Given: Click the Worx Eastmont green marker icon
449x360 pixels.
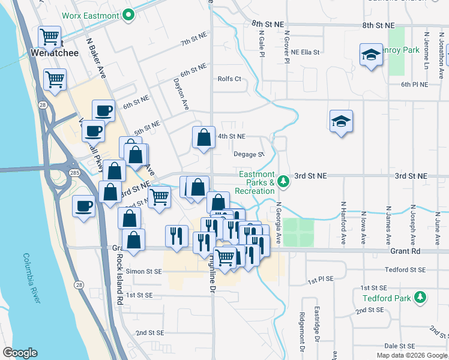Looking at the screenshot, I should click(x=128, y=16).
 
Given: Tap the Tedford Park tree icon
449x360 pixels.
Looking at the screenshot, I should click(x=421, y=298).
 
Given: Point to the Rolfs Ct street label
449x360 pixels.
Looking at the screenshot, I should click(x=229, y=79).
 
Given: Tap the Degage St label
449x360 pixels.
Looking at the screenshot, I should click(x=249, y=154).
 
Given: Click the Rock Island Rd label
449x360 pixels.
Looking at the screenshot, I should click(x=120, y=277).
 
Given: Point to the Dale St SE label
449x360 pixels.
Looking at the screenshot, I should click(x=400, y=346).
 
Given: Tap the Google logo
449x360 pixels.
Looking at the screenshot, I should click(x=20, y=353).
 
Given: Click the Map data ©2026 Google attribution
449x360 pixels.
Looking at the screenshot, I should click(x=412, y=355).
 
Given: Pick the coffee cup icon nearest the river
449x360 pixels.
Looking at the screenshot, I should click(x=83, y=206).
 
